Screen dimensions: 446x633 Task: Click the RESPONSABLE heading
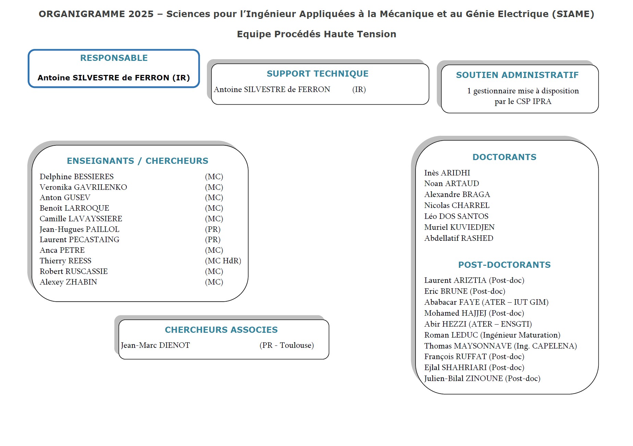point(114,58)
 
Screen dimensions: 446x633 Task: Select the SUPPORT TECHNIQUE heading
point(318,74)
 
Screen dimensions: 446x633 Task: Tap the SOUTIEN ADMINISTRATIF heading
point(517,75)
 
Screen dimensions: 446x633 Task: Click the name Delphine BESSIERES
point(76,177)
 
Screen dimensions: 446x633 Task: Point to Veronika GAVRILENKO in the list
point(83,187)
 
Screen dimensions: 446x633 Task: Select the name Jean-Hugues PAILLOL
point(79,229)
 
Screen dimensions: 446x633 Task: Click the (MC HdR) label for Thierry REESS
point(223,261)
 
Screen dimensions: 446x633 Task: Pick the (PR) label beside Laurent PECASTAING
point(213,240)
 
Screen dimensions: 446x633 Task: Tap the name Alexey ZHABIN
point(68,282)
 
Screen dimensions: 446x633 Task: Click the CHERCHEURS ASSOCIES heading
point(221,330)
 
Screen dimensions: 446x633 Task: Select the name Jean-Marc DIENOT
point(155,345)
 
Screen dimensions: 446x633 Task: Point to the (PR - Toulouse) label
point(287,345)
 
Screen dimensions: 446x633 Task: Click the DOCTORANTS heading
point(504,157)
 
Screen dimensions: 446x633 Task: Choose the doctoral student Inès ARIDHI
point(447,173)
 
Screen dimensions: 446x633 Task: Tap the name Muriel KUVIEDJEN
point(459,227)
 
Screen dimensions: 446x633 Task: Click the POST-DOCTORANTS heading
point(504,265)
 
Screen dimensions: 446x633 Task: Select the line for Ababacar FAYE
point(486,302)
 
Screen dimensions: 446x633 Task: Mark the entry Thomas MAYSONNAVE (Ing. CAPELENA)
point(500,346)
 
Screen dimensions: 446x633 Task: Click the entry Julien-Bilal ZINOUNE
point(482,379)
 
